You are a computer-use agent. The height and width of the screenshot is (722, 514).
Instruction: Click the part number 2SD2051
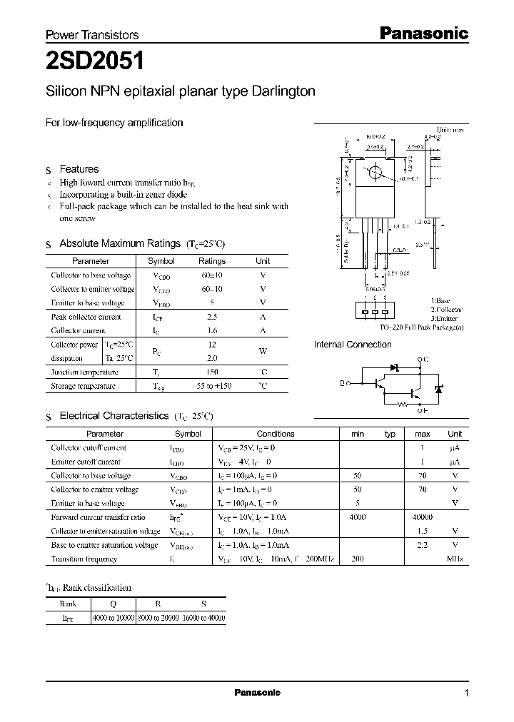pos(95,62)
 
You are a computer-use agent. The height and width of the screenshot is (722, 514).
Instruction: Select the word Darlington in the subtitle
pos(278,91)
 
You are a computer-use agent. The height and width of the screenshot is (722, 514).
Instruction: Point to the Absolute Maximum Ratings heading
pos(114,243)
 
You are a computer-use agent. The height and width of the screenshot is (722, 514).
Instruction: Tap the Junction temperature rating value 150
pos(211,372)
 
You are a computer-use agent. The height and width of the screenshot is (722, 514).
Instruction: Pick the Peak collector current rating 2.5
pos(211,317)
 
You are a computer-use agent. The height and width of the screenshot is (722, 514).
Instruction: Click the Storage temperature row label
pos(83,385)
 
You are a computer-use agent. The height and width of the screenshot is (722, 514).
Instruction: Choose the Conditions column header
pos(275,434)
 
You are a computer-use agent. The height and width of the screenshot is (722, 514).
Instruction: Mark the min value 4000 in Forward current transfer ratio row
pos(358,517)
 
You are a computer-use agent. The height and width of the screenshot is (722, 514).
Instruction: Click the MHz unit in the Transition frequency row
pos(455,559)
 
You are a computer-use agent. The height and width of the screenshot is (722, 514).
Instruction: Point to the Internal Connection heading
pos(353,345)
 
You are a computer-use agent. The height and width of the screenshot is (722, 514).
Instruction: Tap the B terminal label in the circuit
pos(342,383)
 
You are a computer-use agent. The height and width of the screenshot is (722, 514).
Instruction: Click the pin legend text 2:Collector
pos(446,310)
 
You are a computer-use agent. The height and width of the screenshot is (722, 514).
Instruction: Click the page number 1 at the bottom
pos(466,693)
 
